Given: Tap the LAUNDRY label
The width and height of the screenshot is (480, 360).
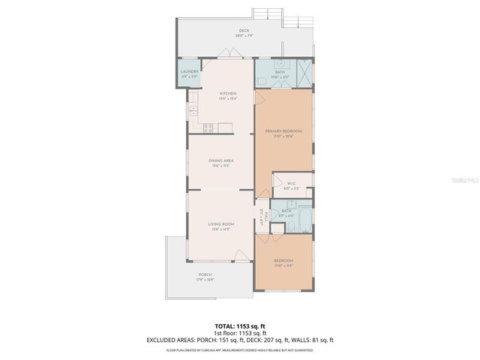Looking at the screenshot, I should pyautogui.click(x=189, y=73).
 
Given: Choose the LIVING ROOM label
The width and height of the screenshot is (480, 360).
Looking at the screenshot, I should pyautogui.click(x=220, y=226).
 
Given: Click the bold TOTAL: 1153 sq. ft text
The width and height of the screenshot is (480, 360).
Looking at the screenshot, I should pyautogui.click(x=240, y=326).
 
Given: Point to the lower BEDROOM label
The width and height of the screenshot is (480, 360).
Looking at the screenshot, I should pyautogui.click(x=283, y=262).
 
